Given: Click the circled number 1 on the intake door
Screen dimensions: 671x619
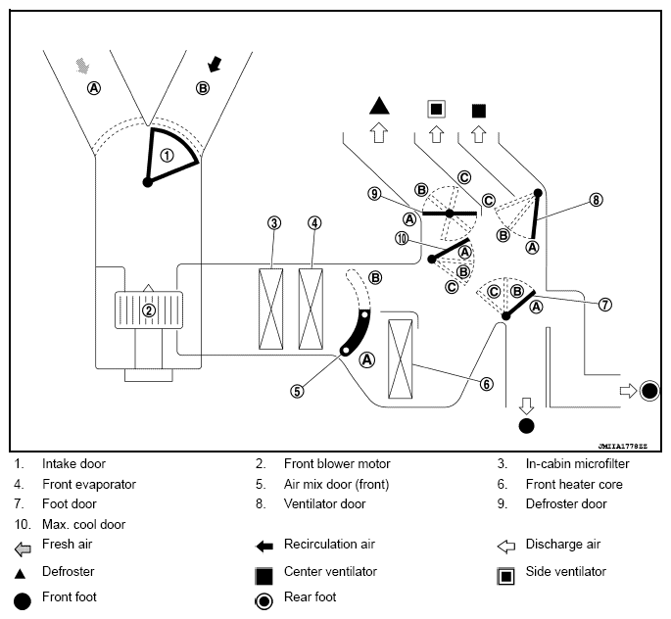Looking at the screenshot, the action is [x=167, y=156].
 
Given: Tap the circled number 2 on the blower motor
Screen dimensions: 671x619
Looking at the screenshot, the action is [x=149, y=310].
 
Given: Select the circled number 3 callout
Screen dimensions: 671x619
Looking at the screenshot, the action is [x=274, y=223].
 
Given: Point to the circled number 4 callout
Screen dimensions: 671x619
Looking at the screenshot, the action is [x=314, y=223].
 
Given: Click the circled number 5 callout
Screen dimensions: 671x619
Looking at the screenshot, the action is [x=297, y=391].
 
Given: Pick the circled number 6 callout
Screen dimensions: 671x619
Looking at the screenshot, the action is [x=486, y=384].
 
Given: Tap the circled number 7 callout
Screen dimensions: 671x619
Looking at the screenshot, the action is [x=604, y=305].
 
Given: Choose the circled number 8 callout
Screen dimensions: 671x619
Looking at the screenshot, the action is [x=596, y=200].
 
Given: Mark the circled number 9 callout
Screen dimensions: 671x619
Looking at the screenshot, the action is [x=374, y=194].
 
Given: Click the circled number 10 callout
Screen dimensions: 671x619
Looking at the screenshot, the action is [x=402, y=238].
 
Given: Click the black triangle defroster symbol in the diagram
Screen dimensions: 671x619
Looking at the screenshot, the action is [x=379, y=106].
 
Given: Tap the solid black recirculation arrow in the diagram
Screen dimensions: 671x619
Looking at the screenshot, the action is [x=215, y=65].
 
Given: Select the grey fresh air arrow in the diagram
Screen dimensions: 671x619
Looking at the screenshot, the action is [x=82, y=66].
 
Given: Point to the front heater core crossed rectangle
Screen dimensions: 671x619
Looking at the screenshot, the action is [x=400, y=358].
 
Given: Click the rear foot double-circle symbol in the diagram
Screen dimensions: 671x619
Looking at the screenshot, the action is [x=649, y=391].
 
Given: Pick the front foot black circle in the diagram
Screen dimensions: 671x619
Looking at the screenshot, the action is [x=526, y=426].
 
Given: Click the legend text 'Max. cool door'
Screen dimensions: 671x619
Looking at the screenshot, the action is [x=84, y=524].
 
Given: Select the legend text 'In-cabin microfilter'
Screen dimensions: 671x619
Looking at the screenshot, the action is [x=577, y=463].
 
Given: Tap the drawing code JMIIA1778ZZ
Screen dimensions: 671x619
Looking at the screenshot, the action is [x=623, y=447].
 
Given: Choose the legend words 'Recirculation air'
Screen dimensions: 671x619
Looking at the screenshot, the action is [x=329, y=545].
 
